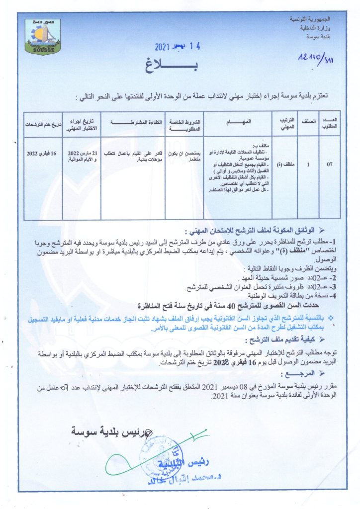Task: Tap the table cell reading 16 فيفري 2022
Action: click(x=44, y=150)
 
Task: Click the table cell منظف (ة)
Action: click(x=287, y=164)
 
